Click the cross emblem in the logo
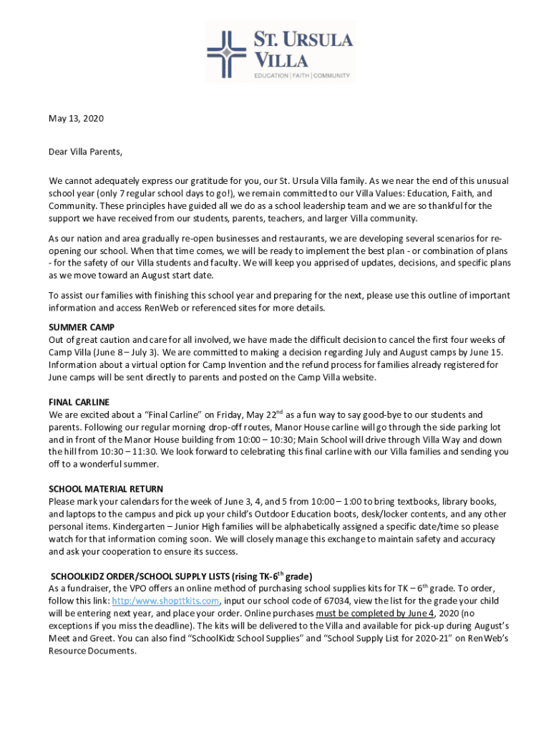226,52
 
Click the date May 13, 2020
76,118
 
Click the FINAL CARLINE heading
79,402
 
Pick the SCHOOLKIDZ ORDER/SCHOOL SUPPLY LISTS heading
181,576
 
